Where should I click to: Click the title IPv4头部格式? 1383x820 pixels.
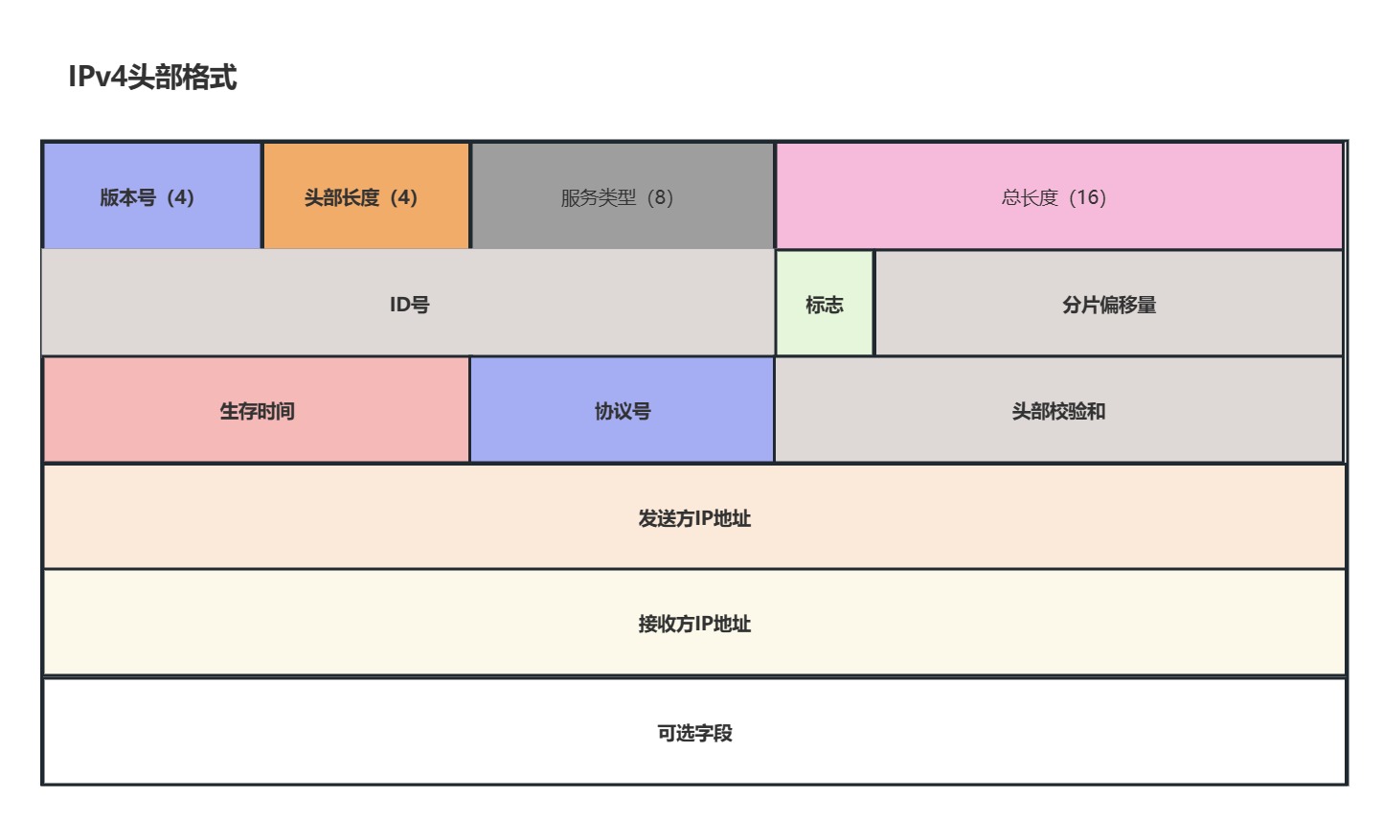152,77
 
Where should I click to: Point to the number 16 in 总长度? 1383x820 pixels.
1087,197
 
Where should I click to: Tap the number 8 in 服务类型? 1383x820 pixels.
660,197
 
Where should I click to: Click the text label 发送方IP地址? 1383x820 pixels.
694,518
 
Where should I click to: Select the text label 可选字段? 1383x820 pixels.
694,733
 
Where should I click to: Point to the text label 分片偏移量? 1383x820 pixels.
1109,305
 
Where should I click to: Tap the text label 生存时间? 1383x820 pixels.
257,411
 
